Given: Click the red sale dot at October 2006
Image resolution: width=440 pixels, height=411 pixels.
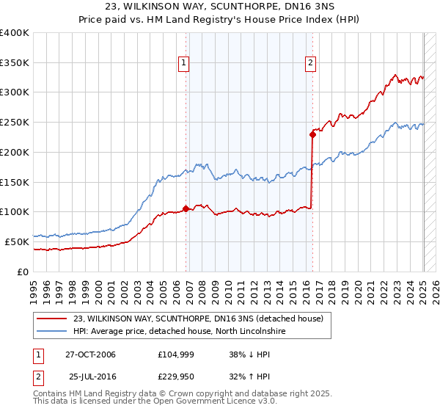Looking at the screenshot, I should (x=186, y=208).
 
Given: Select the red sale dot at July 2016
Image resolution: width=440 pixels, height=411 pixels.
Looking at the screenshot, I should (x=312, y=134).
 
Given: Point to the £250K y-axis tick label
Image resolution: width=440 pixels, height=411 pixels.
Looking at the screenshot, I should (x=15, y=123).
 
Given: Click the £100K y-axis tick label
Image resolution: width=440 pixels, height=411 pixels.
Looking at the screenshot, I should (x=15, y=212).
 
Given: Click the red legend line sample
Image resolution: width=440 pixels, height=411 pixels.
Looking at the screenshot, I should (x=51, y=319).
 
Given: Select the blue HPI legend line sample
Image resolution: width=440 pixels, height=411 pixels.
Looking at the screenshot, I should (x=51, y=332).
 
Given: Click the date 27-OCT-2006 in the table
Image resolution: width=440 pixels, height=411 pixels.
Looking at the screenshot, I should (x=90, y=354).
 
